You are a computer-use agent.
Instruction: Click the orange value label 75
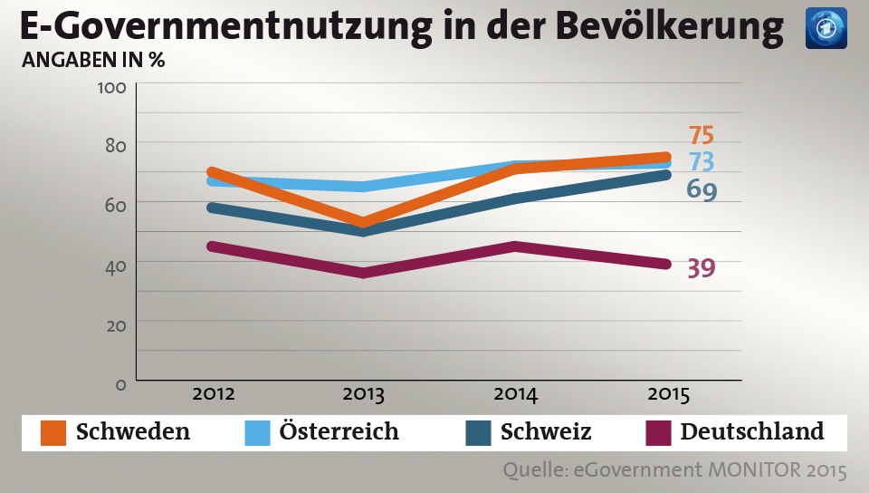pyautogui.click(x=701, y=135)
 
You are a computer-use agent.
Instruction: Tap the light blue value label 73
pyautogui.click(x=701, y=162)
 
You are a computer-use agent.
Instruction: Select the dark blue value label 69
pyautogui.click(x=701, y=190)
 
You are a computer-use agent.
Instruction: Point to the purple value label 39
pyautogui.click(x=701, y=269)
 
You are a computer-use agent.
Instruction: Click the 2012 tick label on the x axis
pyautogui.click(x=214, y=395)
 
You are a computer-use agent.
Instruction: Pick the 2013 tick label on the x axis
pyautogui.click(x=364, y=395)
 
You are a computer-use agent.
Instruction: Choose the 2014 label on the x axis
pyautogui.click(x=516, y=395)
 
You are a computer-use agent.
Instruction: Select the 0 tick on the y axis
pyautogui.click(x=119, y=384)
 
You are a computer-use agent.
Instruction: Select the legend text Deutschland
pyautogui.click(x=752, y=431)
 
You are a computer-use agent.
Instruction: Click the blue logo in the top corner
pyautogui.click(x=826, y=27)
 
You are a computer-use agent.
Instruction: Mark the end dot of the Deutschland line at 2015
pyautogui.click(x=664, y=264)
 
